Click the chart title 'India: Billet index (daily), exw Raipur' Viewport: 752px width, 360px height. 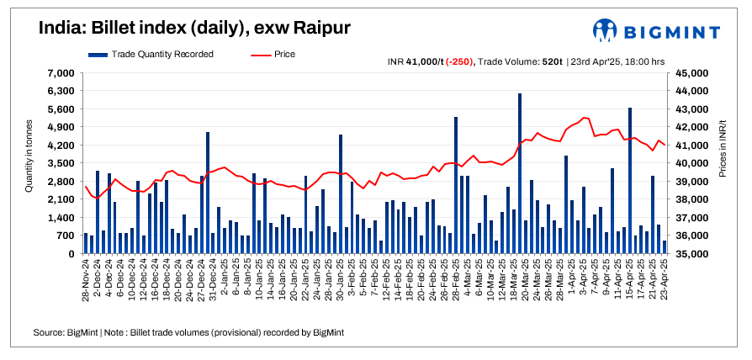[194, 28]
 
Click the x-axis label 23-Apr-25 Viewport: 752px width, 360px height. [665, 280]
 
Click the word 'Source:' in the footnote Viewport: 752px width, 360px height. [49, 334]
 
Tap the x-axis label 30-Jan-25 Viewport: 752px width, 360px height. [340, 280]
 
